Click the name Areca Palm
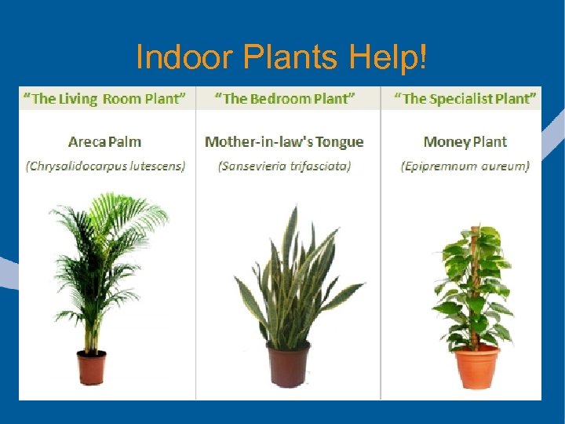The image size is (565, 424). point(104,142)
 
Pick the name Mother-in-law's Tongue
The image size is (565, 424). point(284,142)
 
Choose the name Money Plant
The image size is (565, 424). point(465,142)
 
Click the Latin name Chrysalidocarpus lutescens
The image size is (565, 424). point(105,166)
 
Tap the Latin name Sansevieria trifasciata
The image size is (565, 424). point(285,166)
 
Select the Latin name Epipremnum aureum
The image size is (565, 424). point(465,166)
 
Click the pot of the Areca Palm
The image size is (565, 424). point(91,367)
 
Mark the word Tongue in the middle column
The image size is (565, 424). point(339,142)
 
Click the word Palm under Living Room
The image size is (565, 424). point(126,142)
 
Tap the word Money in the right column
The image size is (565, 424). point(446,142)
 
